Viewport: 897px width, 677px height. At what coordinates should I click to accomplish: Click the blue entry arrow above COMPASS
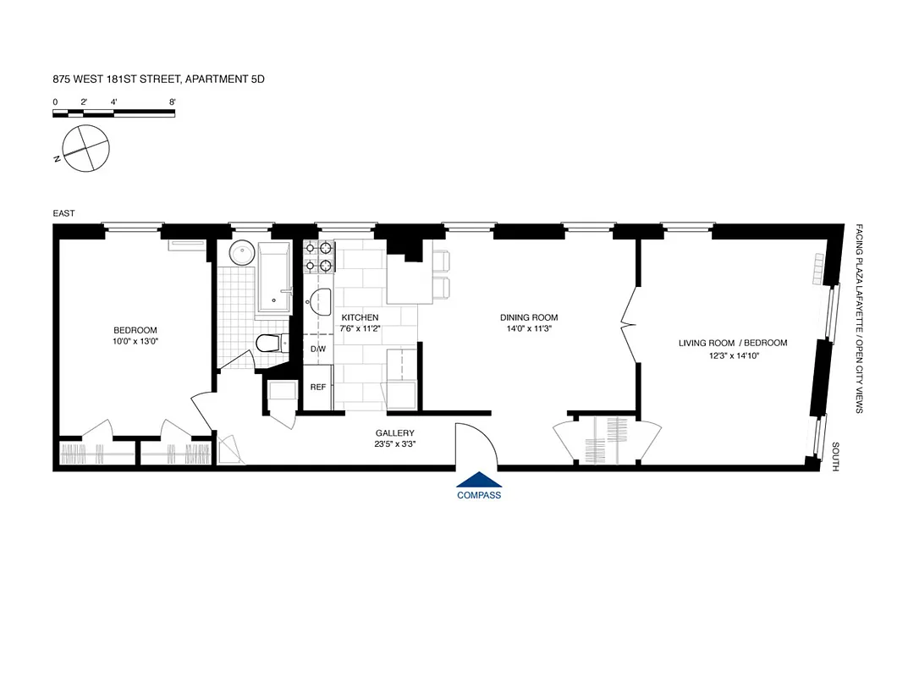[x=478, y=479]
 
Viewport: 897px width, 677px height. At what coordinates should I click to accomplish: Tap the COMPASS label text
[x=479, y=495]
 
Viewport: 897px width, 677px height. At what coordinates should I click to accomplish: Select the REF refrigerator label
[x=318, y=387]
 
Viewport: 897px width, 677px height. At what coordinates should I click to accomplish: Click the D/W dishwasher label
[x=318, y=349]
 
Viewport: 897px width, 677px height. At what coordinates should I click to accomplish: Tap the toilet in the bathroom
[x=268, y=344]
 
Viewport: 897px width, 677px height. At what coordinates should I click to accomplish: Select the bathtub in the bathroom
[x=273, y=275]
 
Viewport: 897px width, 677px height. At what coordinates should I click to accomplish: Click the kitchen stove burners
[x=319, y=256]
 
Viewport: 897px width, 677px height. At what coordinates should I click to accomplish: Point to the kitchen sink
[x=321, y=300]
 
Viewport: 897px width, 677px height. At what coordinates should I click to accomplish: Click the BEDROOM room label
[x=135, y=330]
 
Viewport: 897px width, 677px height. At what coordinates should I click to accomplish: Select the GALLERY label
[x=395, y=432]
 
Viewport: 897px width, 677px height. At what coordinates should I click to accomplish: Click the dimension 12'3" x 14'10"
[x=733, y=355]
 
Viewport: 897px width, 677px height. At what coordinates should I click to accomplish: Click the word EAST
[x=64, y=214]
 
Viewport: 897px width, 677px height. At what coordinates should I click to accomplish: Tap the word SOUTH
[x=835, y=457]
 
